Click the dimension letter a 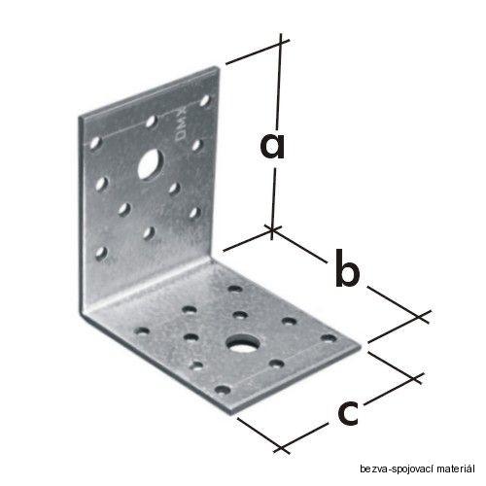tap(272, 147)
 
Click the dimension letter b tap(347, 268)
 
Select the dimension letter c tap(348, 413)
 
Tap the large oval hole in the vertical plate tap(151, 163)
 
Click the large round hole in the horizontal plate tap(240, 344)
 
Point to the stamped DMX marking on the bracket tap(182, 125)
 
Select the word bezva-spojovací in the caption tap(398, 469)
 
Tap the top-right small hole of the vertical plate tap(205, 101)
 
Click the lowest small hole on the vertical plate tap(101, 253)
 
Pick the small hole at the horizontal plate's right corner tap(329, 338)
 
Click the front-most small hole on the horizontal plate tap(223, 390)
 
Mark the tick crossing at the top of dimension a tap(280, 43)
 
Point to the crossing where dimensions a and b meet tap(272, 229)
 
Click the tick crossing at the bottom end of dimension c tap(282, 448)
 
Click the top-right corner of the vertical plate tap(216, 67)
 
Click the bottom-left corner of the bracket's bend tap(81, 314)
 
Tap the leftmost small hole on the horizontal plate tap(142, 331)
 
